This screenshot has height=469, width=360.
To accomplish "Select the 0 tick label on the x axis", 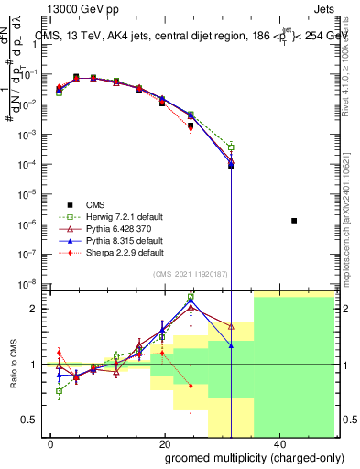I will coord(51,443).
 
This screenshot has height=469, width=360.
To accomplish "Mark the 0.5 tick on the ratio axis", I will coord(34,420).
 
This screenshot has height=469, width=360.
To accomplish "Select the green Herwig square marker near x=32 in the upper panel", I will coord(231,147).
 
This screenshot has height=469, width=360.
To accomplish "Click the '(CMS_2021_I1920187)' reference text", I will coord(191,274).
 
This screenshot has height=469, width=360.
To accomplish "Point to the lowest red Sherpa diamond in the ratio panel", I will coord(191,386).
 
